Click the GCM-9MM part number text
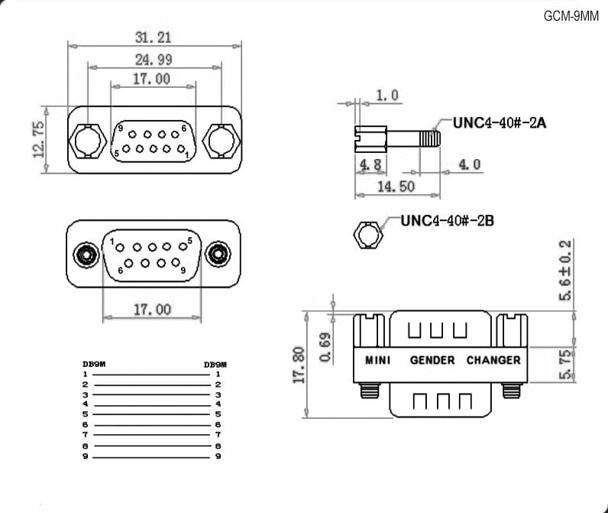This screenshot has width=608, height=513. point(571,16)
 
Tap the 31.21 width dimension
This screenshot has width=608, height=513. point(153,37)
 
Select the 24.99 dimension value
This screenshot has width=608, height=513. point(154,60)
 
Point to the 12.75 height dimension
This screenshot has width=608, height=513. point(39,140)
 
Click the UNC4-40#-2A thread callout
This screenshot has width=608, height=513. point(500,123)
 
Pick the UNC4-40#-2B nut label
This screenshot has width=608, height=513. point(447,221)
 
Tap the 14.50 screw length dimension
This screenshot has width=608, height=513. point(396,187)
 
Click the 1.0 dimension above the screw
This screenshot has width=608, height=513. point(387,96)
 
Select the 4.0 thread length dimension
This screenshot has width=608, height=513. point(470,164)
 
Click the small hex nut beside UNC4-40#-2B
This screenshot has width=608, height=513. point(368,235)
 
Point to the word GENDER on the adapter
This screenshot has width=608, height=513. point(432,361)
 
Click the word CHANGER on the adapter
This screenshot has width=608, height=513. point(493,361)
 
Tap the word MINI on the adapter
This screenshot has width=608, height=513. point(377,361)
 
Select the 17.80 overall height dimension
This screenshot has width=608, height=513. point(299,365)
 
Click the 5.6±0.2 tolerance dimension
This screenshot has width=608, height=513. point(565,271)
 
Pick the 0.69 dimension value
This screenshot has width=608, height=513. point(325,347)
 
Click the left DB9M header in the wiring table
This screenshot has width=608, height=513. point(94,364)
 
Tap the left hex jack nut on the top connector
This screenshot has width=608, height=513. point(88,141)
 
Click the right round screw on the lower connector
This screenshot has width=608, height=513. point(218,255)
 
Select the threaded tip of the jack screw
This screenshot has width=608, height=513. point(430,138)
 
